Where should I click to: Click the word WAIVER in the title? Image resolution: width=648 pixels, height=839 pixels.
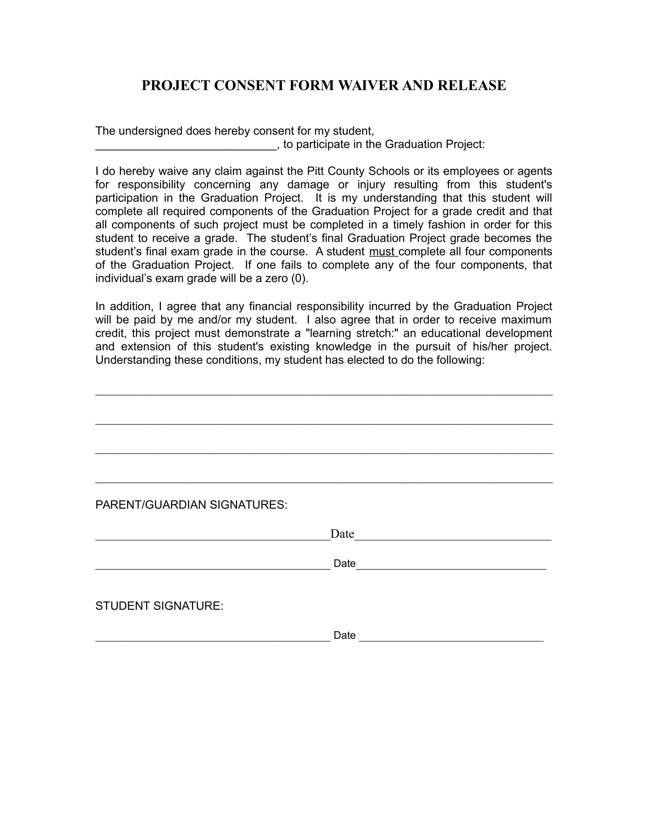368,85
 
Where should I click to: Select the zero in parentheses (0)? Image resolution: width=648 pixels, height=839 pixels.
299,278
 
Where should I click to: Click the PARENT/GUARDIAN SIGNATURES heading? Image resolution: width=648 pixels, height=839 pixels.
191,505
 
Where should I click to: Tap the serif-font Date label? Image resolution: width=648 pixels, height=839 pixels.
342,534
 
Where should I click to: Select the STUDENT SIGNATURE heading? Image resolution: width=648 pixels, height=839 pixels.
159,606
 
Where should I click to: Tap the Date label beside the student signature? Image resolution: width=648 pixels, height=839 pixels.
344,635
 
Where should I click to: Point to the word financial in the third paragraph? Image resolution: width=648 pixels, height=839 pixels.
270,307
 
